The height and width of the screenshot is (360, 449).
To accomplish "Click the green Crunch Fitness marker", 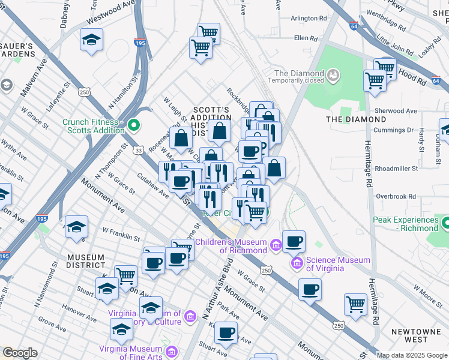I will coord(134,126).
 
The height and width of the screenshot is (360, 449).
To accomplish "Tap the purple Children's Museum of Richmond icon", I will coord(275,245).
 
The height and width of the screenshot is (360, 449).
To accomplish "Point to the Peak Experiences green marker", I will coord(445,224).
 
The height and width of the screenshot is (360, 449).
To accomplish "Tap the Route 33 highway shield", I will coord(139,150).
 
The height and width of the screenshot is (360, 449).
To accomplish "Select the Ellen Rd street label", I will coord(305,38).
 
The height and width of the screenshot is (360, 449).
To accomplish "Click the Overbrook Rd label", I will coord(396,196).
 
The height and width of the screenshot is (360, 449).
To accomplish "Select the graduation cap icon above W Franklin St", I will coord(77,227).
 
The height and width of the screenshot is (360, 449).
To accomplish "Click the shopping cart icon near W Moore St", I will coord(356,304).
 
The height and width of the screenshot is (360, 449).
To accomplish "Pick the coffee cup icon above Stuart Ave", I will coord(226,331).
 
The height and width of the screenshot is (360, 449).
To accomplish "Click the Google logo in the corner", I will coord(20,353).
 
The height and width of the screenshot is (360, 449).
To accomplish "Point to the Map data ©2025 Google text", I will coord(411,355).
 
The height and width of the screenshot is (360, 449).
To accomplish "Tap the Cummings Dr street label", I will coord(393,130).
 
